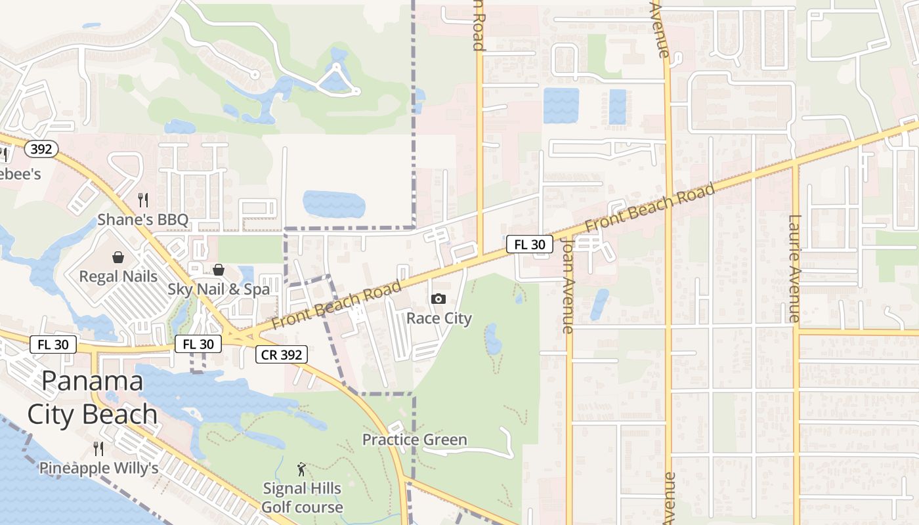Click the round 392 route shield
point(41,149)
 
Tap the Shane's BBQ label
point(143,220)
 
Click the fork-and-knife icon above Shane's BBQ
point(143,199)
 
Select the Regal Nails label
point(118,276)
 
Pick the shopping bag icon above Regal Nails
point(118,257)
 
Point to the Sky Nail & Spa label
point(219,289)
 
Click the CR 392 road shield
point(281,355)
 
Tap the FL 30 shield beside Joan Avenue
point(529,245)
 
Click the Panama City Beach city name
point(92,398)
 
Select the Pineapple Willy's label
point(98,469)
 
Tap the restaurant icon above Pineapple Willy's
point(98,448)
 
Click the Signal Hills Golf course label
point(302,497)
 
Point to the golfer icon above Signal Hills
point(301,469)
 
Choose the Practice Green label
point(415,440)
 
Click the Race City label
point(439,319)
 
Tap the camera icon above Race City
point(438,299)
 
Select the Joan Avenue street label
point(568,285)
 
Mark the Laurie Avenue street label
point(794,268)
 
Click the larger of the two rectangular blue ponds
point(561,106)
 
